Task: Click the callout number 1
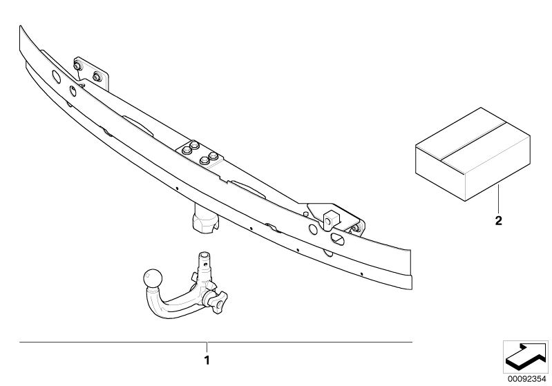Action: tap(207, 360)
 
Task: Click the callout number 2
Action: tap(499, 221)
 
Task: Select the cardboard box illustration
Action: tap(473, 154)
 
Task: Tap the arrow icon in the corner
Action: tap(525, 356)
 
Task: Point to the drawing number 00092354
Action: tap(526, 379)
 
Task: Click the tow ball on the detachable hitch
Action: tap(153, 279)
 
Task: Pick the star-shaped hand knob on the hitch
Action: tap(218, 302)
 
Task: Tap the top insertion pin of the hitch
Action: tap(204, 261)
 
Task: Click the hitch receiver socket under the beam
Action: tap(206, 220)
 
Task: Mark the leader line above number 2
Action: tap(499, 199)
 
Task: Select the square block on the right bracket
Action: tap(332, 220)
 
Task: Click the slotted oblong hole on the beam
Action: tap(338, 239)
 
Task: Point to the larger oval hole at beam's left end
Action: tap(57, 77)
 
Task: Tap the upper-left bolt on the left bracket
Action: tap(77, 66)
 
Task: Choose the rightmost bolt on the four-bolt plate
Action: tap(213, 156)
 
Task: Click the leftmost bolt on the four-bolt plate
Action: tap(187, 151)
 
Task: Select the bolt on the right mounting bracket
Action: tap(356, 228)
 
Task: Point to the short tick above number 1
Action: tap(207, 347)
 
